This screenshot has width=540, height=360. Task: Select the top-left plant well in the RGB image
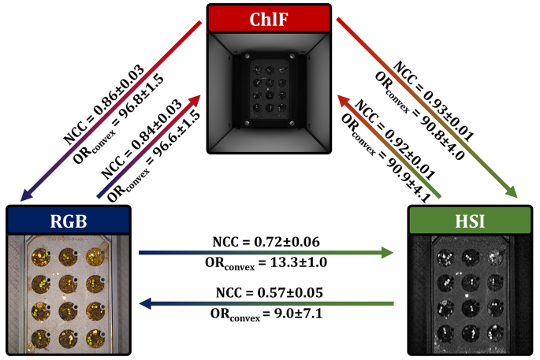coord(37,257)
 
